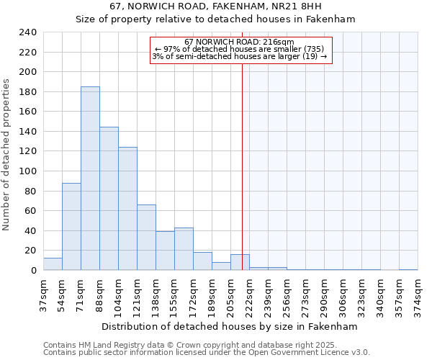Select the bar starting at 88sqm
coord(109,199)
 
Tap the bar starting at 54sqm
coord(71,227)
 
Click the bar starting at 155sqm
coord(184,249)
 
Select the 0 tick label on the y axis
coord(34,271)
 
